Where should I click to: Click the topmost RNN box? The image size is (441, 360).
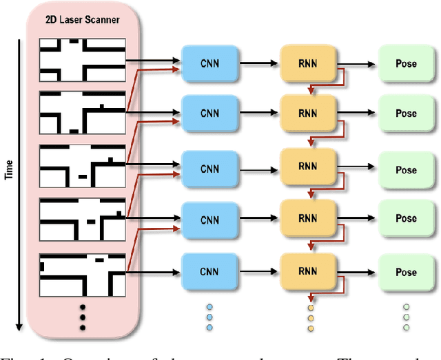coord(307,63)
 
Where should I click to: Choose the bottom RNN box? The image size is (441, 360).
coord(307,271)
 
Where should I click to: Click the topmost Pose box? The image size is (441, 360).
coord(406,63)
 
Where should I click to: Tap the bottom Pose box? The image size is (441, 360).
coord(406,271)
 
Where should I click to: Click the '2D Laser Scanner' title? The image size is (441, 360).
coord(83,19)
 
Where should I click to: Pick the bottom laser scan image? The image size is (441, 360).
coord(83,273)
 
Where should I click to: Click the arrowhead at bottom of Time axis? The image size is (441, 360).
coord(19,326)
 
